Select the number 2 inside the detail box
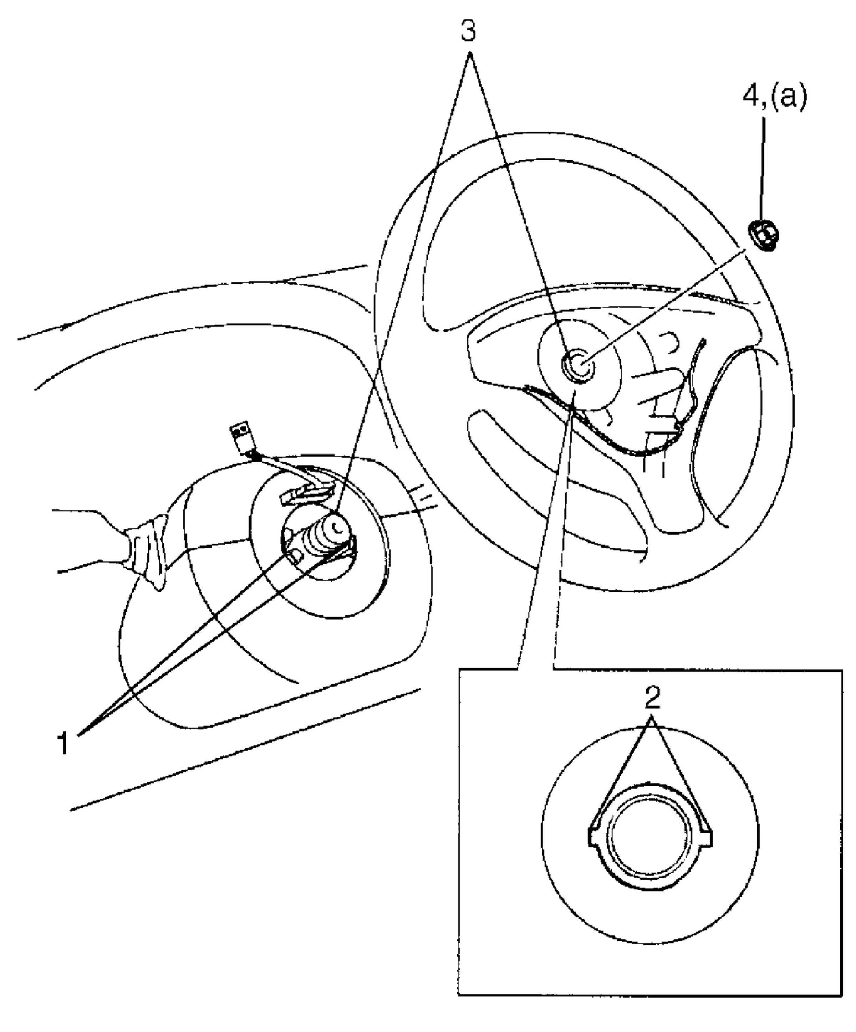pyautogui.click(x=652, y=697)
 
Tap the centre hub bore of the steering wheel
pyautogui.click(x=578, y=366)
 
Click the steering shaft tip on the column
pyautogui.click(x=336, y=529)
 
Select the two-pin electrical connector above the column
pyautogui.click(x=240, y=435)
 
